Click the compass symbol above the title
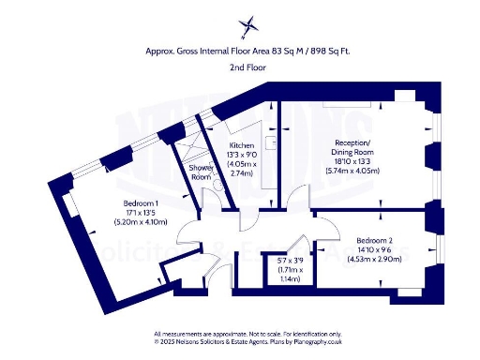tap(248, 25)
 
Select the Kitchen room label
tap(242, 146)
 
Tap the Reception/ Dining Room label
tap(354, 149)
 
